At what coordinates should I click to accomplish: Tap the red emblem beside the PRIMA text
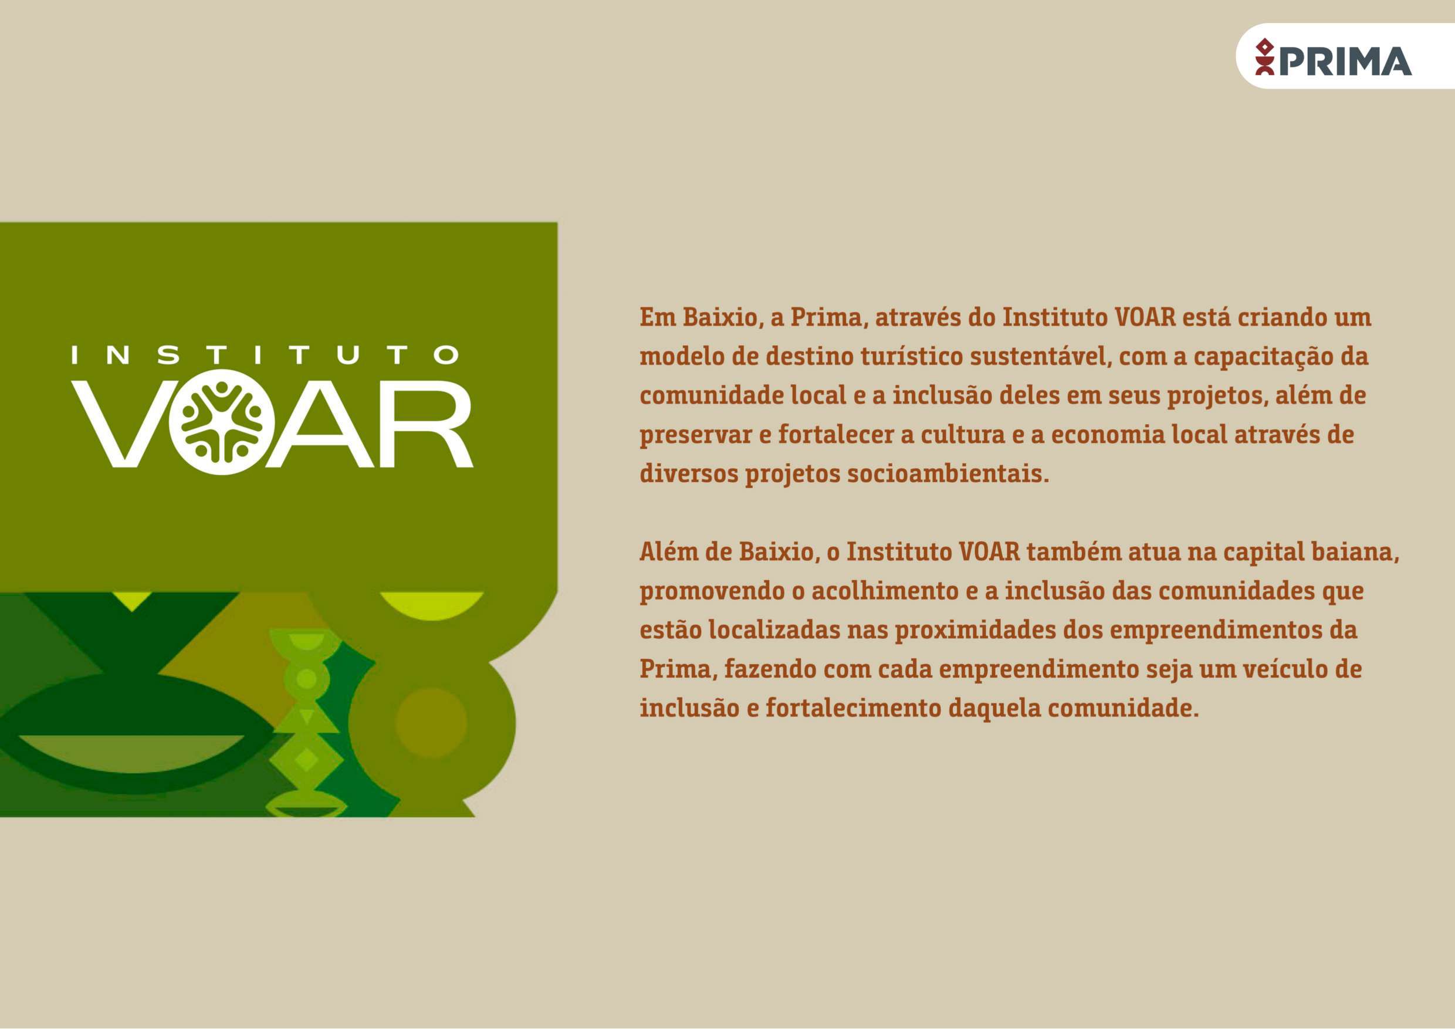pyautogui.click(x=1265, y=57)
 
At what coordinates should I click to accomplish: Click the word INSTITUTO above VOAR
pyautogui.click(x=265, y=355)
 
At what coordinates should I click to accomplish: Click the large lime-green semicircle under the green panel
pyautogui.click(x=432, y=603)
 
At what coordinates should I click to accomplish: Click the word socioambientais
pyautogui.click(x=948, y=474)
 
